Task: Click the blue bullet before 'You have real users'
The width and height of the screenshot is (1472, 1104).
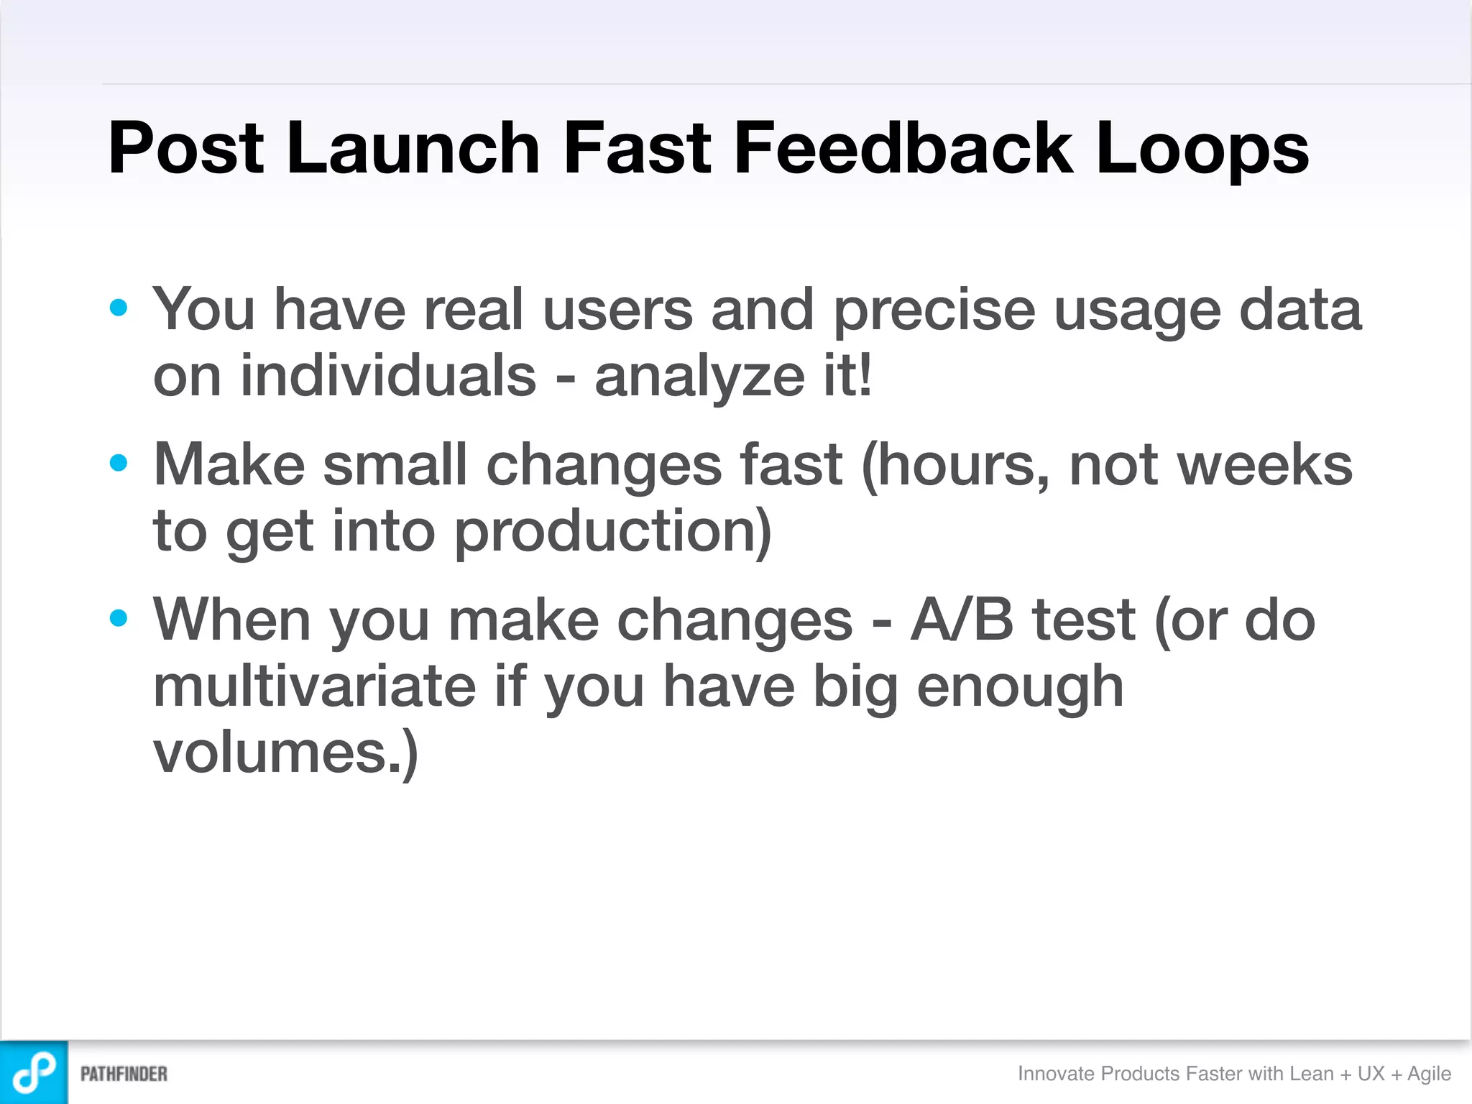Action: (119, 308)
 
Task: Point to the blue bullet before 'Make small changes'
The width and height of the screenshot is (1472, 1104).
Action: (119, 463)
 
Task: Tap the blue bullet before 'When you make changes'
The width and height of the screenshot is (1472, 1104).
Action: (119, 617)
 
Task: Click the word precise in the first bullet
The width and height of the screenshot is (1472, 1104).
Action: (934, 310)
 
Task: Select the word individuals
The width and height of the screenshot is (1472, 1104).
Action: (388, 376)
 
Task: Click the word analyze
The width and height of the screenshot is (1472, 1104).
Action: (699, 377)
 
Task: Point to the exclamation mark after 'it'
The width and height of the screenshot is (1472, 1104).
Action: (865, 374)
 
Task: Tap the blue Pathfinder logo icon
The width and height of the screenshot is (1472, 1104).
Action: (34, 1072)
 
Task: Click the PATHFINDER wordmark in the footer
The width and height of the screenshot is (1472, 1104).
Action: (124, 1074)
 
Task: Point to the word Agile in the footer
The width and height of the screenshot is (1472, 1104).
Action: (1429, 1073)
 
